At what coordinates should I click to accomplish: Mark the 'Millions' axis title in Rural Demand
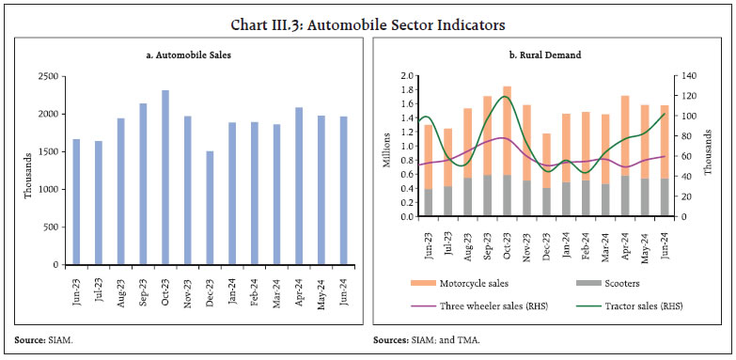[385, 147]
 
